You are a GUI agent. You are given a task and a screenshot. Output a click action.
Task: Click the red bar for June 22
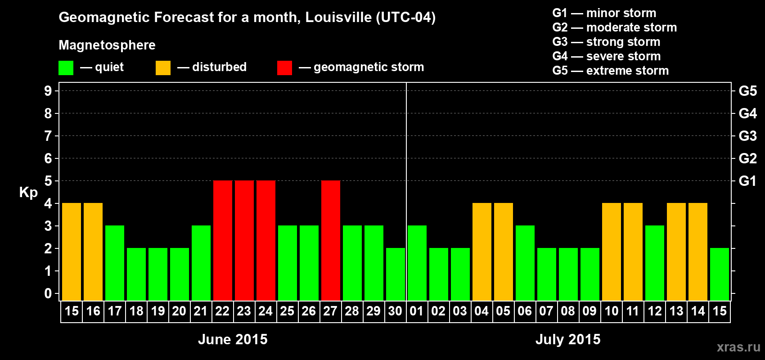point(223,240)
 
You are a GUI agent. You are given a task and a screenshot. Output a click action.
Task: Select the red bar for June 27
point(331,240)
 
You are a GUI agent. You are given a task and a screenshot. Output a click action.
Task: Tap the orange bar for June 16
point(93,252)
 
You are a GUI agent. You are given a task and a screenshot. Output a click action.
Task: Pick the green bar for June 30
point(396,274)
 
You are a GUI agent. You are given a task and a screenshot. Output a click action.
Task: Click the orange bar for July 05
point(504,252)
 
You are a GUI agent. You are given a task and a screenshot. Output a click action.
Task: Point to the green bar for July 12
point(655,263)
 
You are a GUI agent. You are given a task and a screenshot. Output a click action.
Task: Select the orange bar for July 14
point(698,252)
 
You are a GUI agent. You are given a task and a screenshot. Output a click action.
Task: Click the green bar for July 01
point(417,263)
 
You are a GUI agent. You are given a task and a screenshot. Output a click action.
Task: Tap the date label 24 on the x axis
point(265,311)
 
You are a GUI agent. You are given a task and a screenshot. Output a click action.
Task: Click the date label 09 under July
point(589,311)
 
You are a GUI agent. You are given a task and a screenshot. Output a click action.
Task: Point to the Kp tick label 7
point(48,136)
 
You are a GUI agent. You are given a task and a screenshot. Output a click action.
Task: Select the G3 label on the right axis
point(747,136)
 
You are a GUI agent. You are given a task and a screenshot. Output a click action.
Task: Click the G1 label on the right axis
point(747,181)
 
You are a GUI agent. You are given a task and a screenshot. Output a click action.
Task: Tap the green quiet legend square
point(66,68)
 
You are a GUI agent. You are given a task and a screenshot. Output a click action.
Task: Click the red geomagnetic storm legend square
point(284,68)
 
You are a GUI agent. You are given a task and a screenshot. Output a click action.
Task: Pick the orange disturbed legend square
point(163,68)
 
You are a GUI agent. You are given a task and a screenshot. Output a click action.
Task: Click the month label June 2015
point(233,339)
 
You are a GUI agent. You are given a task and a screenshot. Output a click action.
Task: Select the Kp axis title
point(28,193)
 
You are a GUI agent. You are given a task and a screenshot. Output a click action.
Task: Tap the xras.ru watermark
point(738,347)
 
